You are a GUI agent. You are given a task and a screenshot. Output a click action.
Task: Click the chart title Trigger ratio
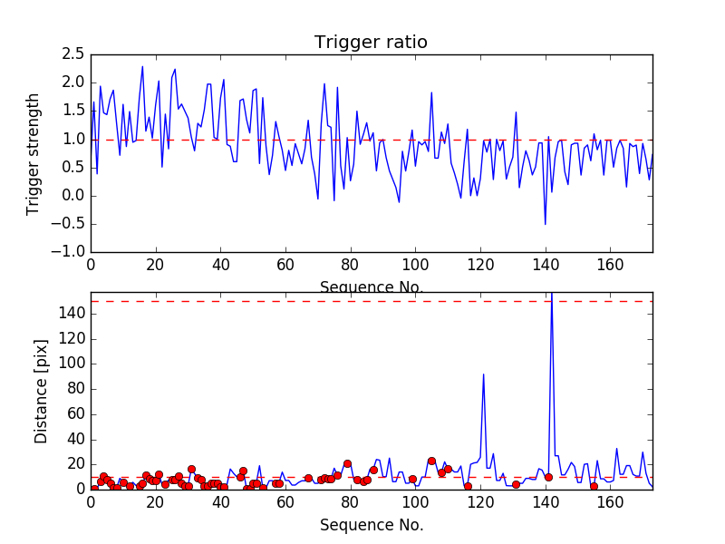click(x=371, y=43)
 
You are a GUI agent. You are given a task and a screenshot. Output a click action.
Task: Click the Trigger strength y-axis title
click(x=34, y=153)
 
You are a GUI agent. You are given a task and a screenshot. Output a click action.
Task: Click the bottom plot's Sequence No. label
click(x=372, y=525)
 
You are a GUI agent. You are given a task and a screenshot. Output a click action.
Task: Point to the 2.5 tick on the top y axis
click(x=72, y=55)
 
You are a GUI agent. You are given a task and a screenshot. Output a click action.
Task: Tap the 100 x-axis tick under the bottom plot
click(x=415, y=502)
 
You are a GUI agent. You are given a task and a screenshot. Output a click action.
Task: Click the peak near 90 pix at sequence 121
click(x=484, y=374)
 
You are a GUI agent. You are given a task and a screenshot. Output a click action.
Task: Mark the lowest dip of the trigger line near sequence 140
click(x=546, y=224)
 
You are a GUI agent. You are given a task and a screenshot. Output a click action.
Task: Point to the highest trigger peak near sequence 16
click(x=142, y=66)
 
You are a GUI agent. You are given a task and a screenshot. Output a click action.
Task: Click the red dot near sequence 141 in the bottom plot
click(x=548, y=477)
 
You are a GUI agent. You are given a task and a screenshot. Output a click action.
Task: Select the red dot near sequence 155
click(x=594, y=486)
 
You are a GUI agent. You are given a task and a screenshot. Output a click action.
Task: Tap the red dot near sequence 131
click(x=516, y=484)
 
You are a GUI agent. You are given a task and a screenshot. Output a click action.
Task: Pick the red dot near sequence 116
click(x=468, y=486)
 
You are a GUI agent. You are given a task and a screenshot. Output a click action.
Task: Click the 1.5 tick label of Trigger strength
click(x=72, y=112)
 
